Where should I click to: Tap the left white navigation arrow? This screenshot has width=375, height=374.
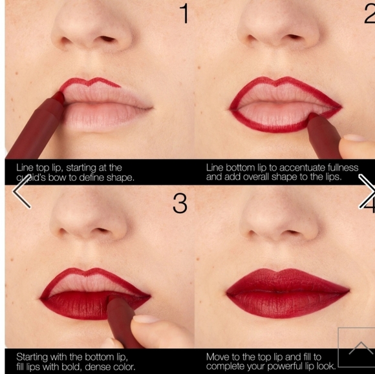coord(21,192)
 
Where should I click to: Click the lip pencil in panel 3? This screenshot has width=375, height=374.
coord(123,317)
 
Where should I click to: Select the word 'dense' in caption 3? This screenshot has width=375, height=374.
coord(105,366)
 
